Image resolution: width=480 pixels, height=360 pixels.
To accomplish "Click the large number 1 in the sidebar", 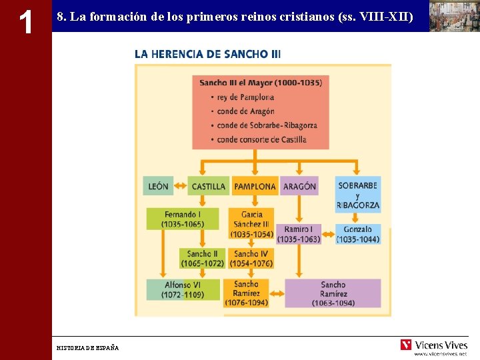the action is tap(25, 22).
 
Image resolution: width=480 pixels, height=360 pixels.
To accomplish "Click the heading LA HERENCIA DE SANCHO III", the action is tap(207, 53).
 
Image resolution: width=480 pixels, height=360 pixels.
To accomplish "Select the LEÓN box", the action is tap(158, 186).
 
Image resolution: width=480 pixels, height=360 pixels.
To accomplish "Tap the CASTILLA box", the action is tap(208, 186).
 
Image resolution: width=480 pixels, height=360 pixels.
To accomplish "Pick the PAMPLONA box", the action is tap(255, 186).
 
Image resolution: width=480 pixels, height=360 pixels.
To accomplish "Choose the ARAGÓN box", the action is tap(299, 186).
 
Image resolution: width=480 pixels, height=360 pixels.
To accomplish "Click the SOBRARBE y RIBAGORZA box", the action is tap(358, 195).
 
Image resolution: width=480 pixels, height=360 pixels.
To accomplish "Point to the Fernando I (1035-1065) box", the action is tap(182, 219).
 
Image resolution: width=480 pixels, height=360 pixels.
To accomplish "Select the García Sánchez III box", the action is tap(251, 224).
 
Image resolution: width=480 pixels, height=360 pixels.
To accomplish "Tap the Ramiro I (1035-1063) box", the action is tap(298, 234).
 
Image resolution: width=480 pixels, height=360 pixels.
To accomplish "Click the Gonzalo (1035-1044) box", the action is tap(358, 234).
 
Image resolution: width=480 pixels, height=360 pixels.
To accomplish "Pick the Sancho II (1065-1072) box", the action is tap(202, 259).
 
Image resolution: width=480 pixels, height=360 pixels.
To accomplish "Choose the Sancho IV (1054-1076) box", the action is tap(251, 259).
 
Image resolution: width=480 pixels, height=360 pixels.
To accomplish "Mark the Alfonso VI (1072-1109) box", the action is tap(183, 289).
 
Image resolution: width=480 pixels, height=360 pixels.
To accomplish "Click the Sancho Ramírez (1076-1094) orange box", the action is tap(246, 293).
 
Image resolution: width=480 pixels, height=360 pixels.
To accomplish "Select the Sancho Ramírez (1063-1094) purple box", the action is tap(333, 293).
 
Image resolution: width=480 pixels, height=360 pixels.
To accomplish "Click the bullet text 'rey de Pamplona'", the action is tap(245, 97).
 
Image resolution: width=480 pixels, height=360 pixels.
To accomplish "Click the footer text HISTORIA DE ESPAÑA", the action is tap(87, 348).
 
